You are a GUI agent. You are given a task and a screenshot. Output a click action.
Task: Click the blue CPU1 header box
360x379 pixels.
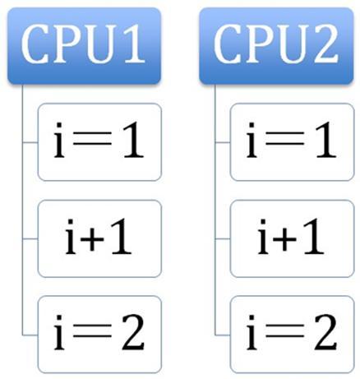84,45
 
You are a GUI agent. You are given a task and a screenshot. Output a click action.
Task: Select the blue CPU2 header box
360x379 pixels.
276,45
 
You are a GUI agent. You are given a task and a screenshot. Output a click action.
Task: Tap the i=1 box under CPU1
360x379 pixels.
99,142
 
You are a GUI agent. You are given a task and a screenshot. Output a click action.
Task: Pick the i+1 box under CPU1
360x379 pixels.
99,238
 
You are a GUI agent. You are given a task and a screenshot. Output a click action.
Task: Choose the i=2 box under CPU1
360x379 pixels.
99,335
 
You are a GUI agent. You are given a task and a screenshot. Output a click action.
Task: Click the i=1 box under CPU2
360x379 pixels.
293,142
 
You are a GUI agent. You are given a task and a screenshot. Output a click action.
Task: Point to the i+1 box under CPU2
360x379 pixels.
293,238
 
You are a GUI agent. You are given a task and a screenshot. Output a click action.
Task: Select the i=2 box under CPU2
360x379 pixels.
293,335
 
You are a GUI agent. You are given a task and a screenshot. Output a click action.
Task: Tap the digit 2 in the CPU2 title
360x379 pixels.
325,44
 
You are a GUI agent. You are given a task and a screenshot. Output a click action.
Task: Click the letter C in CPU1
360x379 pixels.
35,44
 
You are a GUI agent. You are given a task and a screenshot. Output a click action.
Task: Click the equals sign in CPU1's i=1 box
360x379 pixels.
93,138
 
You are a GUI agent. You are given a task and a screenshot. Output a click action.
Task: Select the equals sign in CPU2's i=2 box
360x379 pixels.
285,330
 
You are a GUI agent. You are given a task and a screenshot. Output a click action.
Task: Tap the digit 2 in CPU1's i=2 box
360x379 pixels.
133,332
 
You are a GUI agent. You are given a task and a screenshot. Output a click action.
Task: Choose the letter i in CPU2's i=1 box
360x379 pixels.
252,140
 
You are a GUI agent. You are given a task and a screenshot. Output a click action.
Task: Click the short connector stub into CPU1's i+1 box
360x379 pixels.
30,239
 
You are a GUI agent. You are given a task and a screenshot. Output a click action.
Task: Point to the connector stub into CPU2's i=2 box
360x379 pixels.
223,335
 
